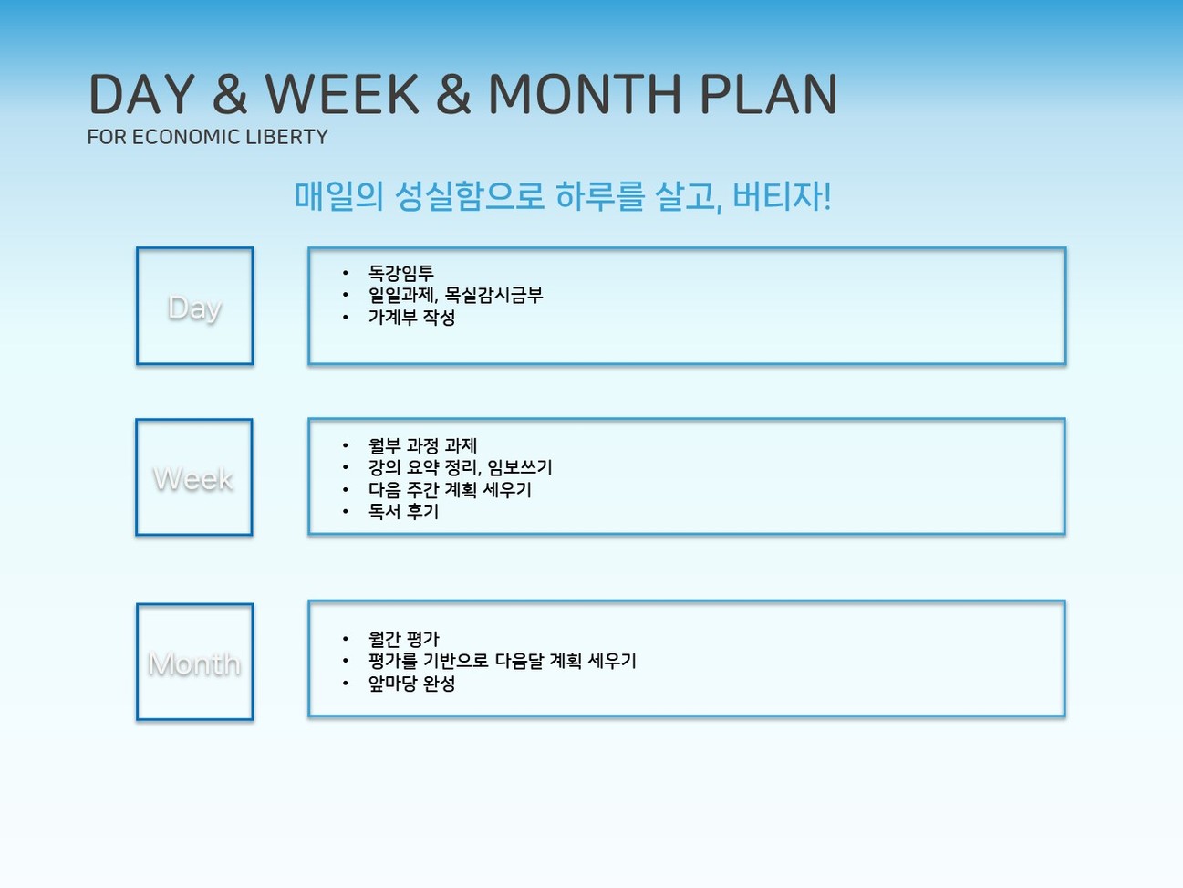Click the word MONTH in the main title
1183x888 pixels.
pos(585,94)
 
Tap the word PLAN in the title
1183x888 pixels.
pos(769,94)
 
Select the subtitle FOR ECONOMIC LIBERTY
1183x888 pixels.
pos(207,137)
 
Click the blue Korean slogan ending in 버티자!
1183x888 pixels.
pos(563,195)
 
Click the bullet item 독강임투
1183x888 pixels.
pos(401,273)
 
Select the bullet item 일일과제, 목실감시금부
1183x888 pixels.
pos(455,295)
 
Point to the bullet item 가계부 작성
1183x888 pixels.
pos(411,317)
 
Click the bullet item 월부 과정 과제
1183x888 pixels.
pos(422,445)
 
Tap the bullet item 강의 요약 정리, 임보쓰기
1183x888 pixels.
pos(461,467)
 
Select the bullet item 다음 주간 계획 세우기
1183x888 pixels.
pos(450,489)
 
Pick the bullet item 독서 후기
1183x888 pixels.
pos(404,511)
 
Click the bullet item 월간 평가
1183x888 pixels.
pos(404,639)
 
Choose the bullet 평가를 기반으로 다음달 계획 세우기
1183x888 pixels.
pos(503,661)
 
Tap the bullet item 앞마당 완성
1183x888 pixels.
pos(411,684)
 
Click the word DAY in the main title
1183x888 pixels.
pos(141,94)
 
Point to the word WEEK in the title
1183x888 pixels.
pos(342,94)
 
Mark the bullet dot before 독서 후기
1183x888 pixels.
pos(346,511)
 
